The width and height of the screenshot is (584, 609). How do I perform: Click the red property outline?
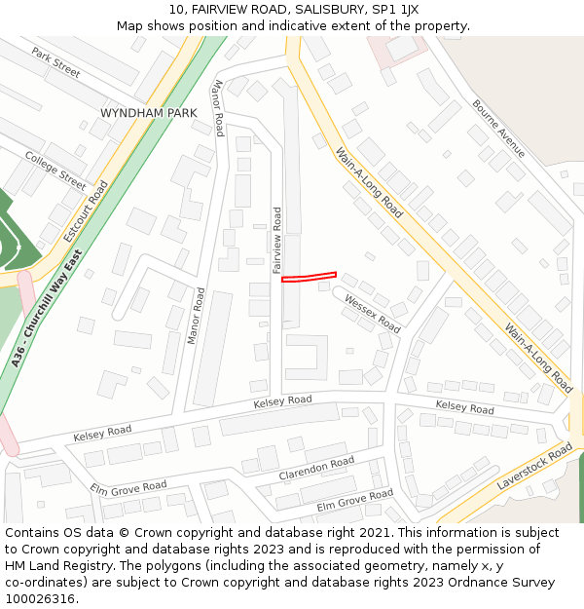click(309, 278)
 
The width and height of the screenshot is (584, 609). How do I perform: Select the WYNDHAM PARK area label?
click(148, 113)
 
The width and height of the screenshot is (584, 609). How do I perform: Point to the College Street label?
click(55, 170)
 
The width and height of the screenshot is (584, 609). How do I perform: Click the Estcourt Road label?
click(86, 210)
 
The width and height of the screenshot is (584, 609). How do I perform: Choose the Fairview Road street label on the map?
click(276, 239)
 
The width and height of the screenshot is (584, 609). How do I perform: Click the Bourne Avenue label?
click(498, 129)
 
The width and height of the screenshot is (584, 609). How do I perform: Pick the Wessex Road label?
click(372, 314)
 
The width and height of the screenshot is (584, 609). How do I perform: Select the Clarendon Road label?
click(316, 468)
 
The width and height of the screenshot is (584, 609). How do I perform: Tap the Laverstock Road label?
click(534, 467)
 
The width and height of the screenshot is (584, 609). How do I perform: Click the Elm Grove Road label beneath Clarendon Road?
click(354, 501)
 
